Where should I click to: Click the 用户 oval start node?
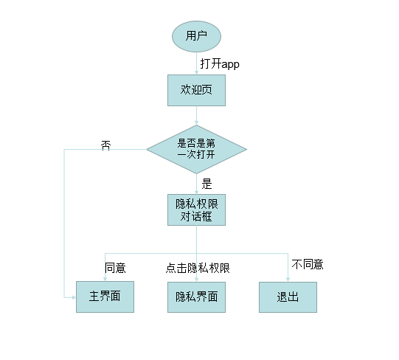point(196,35)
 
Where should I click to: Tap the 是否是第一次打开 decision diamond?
point(196,150)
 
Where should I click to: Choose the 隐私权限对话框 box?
point(195,210)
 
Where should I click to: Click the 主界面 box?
point(105,297)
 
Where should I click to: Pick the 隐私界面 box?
point(195,297)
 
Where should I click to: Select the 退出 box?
point(288,297)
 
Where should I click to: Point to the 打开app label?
point(220,63)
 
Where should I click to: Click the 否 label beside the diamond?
point(105,145)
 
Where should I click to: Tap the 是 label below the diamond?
point(207,184)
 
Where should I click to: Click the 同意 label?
point(115,267)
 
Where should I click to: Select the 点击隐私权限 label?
point(198,268)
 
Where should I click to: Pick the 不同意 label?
point(308,264)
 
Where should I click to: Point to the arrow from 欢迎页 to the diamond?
point(196,115)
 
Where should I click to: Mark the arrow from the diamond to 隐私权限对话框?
point(196,184)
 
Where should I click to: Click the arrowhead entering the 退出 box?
point(288,279)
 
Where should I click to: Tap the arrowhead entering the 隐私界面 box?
point(196,279)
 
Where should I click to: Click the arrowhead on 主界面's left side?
point(74,297)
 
